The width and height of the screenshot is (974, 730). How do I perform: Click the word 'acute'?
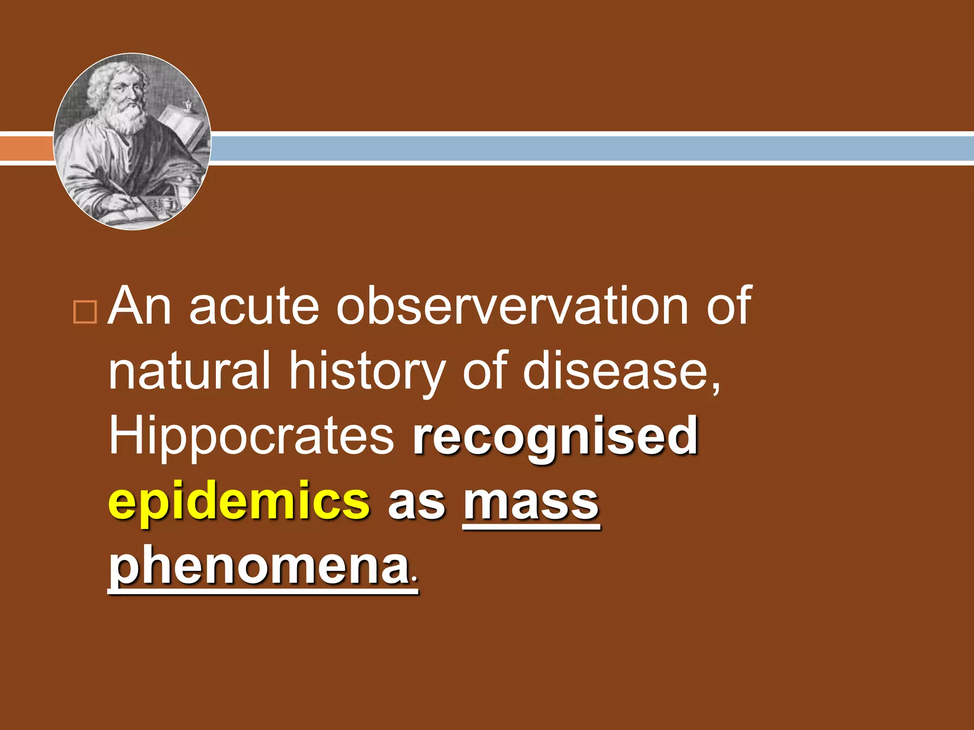coord(254,307)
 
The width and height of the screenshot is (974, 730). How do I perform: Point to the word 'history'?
coord(368,373)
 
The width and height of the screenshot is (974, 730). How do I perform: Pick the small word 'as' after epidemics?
coord(417,504)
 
